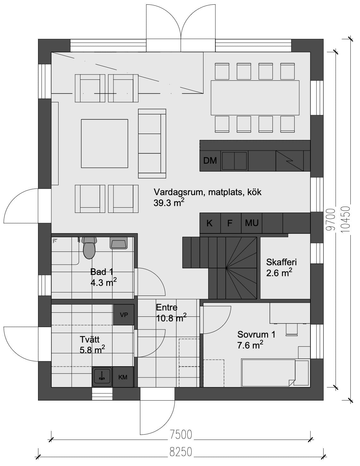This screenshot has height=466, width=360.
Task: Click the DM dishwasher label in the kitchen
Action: [210, 161]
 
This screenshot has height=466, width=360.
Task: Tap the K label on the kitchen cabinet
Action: [209, 223]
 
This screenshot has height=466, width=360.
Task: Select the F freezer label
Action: [230, 223]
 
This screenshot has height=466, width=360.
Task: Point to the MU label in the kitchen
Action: [252, 223]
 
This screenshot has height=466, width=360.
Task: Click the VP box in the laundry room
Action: [124, 315]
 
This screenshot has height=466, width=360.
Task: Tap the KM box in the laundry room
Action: [123, 377]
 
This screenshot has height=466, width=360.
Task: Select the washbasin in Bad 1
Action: [118, 243]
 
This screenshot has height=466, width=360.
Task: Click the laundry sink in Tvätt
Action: [102, 377]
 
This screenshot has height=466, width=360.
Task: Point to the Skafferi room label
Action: [281, 262]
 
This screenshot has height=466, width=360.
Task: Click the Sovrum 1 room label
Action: [256, 335]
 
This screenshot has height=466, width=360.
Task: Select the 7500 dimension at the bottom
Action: [181, 435]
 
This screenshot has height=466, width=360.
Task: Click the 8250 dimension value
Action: [181, 452]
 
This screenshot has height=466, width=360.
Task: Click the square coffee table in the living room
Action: [104, 143]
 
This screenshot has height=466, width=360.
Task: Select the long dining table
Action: [255, 98]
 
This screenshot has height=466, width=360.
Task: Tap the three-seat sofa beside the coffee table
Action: [152, 143]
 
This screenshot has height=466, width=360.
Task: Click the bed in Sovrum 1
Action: [268, 373]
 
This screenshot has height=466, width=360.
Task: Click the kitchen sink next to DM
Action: [234, 161]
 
